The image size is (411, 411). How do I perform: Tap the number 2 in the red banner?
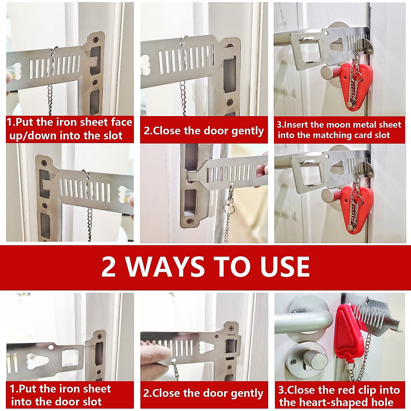point(109,266)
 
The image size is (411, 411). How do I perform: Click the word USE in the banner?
point(285,266)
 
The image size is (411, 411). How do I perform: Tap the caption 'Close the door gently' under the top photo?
point(204,131)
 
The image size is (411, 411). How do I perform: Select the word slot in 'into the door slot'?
point(92,401)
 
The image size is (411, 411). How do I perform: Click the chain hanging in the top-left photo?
point(50,99)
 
